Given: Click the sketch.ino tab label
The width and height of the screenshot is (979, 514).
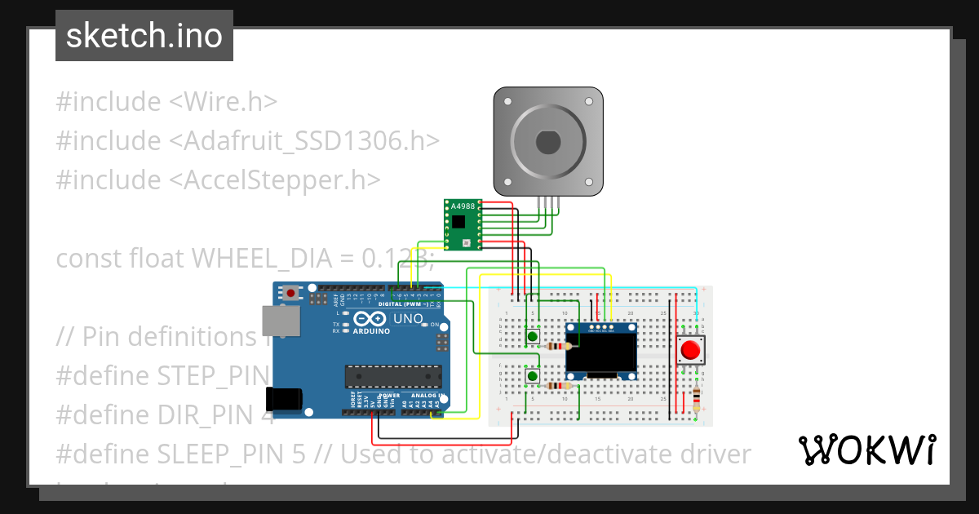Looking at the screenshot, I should (x=144, y=36).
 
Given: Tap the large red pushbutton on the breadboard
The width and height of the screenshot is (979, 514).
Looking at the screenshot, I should (x=690, y=351).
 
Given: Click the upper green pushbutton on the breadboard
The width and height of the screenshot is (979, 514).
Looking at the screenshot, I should (x=532, y=336).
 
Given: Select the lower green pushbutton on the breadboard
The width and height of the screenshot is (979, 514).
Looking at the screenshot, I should (x=532, y=375).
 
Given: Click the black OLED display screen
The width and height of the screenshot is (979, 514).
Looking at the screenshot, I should (x=601, y=352).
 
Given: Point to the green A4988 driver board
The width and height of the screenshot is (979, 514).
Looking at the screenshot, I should (x=463, y=224).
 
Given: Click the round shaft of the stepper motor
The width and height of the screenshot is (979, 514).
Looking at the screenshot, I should (x=548, y=142).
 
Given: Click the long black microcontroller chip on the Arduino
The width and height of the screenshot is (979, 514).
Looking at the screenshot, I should (x=393, y=376).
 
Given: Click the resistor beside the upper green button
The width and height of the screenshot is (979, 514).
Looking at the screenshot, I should (x=557, y=346).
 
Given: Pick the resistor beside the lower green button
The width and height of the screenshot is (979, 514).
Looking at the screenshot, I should (x=557, y=385).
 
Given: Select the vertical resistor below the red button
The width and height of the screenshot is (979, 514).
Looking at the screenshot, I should (x=695, y=400).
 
